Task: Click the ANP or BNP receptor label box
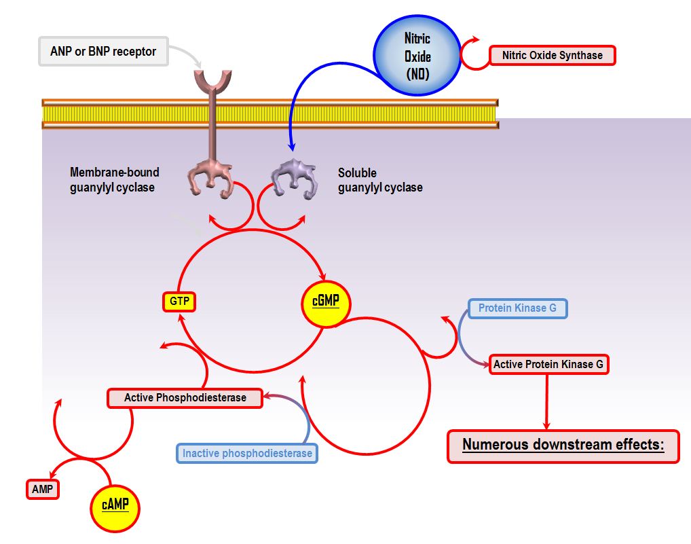(103, 52)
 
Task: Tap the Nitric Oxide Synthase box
(552, 55)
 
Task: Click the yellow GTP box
(179, 302)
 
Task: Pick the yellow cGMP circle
(325, 301)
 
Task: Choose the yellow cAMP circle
(115, 506)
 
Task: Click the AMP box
(42, 489)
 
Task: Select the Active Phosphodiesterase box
(185, 397)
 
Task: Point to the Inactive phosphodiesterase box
(247, 453)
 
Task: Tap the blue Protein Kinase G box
(517, 308)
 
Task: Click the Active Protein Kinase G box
(548, 365)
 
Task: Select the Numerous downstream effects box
(563, 446)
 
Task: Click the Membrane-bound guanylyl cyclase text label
(114, 180)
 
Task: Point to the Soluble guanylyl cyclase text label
(380, 180)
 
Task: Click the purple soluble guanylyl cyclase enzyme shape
(293, 179)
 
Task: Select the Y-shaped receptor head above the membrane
(212, 81)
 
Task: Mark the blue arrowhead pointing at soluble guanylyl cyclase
(292, 145)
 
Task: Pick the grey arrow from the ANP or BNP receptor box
(187, 54)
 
